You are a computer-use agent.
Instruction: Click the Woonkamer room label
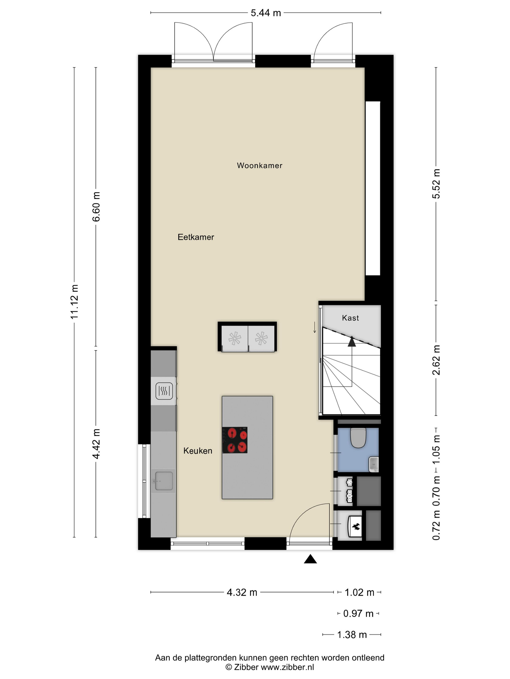259,165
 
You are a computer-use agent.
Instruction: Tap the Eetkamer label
196,237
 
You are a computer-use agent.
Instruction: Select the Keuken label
198,451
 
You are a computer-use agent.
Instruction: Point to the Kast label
350,318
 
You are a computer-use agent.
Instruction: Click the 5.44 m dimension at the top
266,13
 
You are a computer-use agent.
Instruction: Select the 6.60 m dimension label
96,207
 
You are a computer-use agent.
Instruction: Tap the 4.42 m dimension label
96,444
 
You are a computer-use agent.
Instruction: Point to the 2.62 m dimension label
436,360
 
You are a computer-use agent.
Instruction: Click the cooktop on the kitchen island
235,440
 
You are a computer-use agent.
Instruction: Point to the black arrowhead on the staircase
352,342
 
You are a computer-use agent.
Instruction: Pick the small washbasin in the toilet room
374,464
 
